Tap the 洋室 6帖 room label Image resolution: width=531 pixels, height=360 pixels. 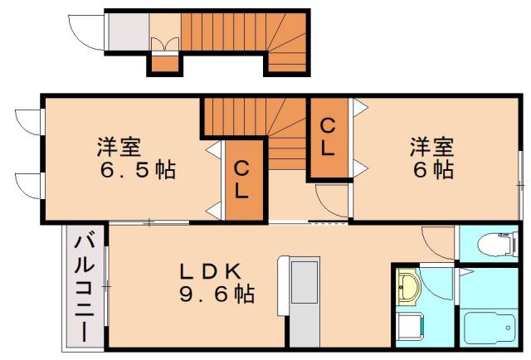[x=431, y=158]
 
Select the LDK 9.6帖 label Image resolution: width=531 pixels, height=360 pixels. [x=212, y=282]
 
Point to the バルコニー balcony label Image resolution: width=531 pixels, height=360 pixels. [x=84, y=287]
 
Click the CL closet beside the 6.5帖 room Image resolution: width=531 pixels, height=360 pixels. [x=241, y=179]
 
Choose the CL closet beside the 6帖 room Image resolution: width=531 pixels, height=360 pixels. [x=329, y=138]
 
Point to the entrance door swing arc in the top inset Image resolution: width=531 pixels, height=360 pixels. [x=85, y=30]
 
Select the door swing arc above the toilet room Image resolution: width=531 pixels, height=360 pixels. [x=437, y=243]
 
